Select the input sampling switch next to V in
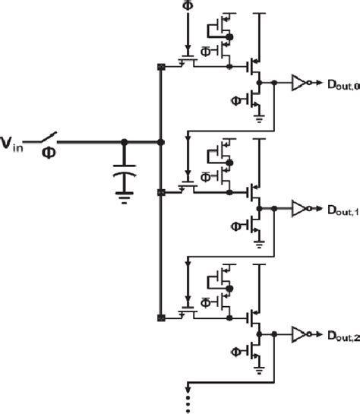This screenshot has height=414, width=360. (x=47, y=138)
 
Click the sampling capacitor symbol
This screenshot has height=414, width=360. (x=125, y=172)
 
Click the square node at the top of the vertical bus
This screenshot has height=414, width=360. (x=160, y=66)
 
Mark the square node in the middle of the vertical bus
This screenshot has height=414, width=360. (x=160, y=193)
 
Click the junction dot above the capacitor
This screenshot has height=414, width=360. (x=125, y=141)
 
